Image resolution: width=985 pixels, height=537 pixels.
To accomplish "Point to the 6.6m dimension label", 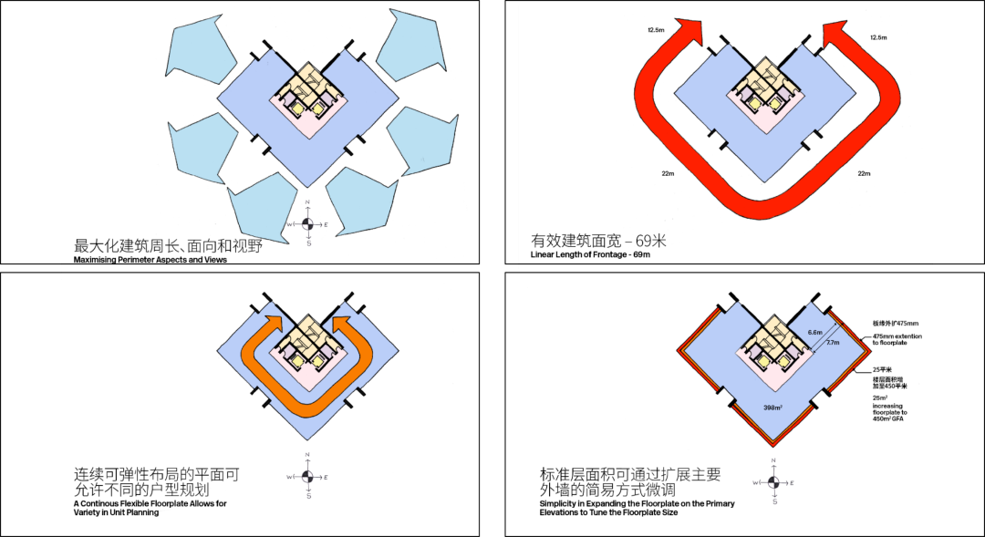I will [814, 332].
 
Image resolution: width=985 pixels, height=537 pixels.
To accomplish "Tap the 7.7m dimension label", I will [830, 344].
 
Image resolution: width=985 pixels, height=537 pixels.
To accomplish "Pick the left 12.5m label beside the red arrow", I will [657, 30].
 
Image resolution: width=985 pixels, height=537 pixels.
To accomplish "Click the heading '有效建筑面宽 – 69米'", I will [598, 242].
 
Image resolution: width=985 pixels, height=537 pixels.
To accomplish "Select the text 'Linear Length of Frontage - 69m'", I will [590, 255].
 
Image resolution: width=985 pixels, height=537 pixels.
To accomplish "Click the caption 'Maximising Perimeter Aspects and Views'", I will [150, 260].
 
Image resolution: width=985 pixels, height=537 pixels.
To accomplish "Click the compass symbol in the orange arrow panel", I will [308, 477].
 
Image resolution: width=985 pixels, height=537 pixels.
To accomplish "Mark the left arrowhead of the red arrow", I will [691, 33].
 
